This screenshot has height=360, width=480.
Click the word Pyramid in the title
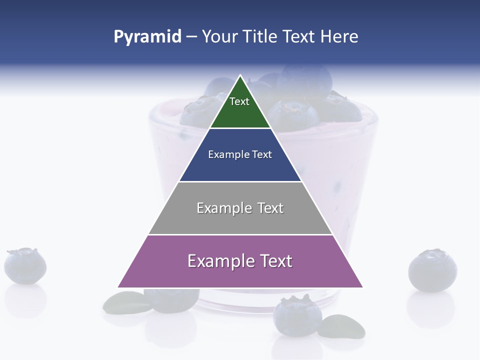[147, 36]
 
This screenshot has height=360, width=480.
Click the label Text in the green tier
[239, 101]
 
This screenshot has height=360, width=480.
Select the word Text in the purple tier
[274, 261]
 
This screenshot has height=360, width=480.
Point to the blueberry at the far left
[25, 265]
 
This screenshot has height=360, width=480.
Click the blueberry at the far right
[432, 270]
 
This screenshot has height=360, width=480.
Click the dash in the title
[191, 36]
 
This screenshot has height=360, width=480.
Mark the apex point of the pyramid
[240, 76]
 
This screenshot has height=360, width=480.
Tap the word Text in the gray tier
[270, 208]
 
